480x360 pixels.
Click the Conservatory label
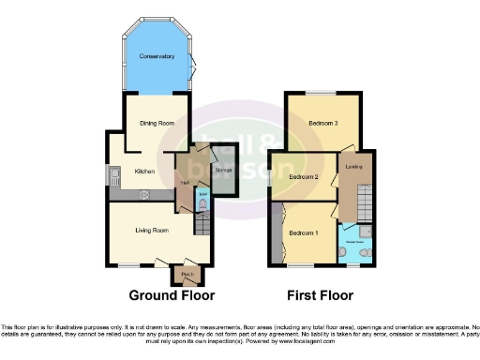[x=157, y=57]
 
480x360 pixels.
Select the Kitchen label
[x=144, y=171]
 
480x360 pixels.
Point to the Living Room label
[x=151, y=230]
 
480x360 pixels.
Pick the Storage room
[x=223, y=171]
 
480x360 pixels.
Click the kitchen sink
[x=113, y=173]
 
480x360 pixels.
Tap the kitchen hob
[x=147, y=194]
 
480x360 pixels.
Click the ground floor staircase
[x=201, y=225]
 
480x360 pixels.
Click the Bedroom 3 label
[x=322, y=123]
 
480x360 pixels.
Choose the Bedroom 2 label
[x=304, y=176]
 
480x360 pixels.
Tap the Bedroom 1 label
[x=303, y=232]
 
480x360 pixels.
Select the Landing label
[x=354, y=168]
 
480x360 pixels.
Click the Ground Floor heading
[x=171, y=295]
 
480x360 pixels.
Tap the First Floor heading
[x=320, y=295]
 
